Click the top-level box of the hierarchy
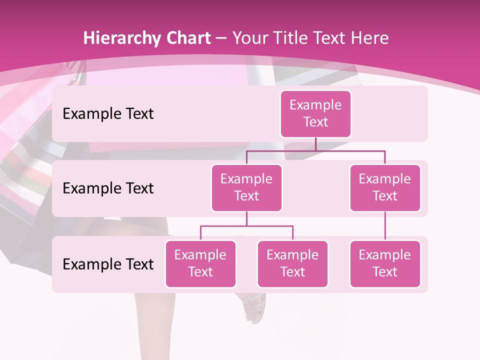point(315,114)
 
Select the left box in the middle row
point(246,187)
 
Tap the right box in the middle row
point(385,187)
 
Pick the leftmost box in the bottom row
point(200,263)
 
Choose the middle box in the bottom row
point(292,263)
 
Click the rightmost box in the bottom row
point(385,263)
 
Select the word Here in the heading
point(369,38)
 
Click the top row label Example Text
point(108,113)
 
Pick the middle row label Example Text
point(108,188)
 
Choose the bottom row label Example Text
point(108,264)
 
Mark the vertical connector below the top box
point(315,144)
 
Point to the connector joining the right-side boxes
point(385,226)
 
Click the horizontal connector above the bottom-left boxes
point(246,226)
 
